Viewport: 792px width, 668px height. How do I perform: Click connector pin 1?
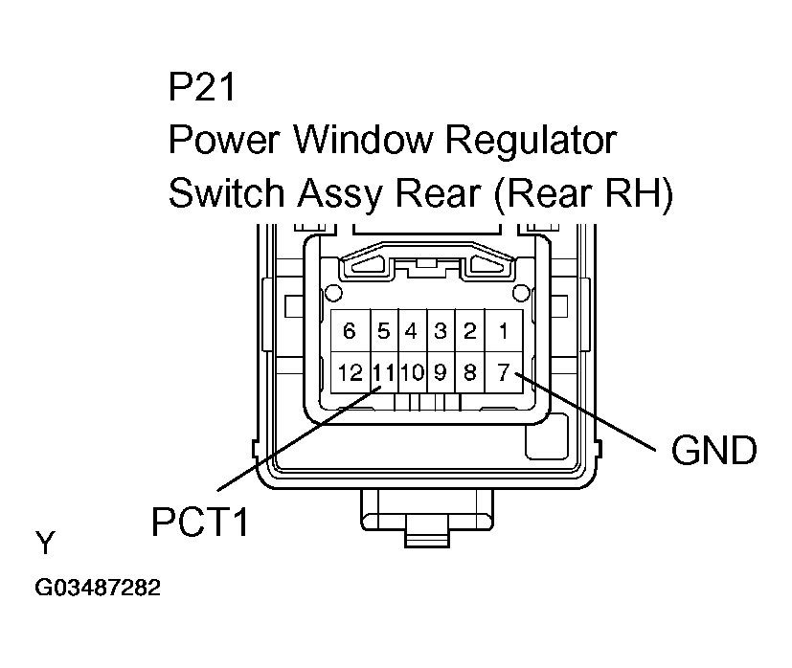pyautogui.click(x=503, y=331)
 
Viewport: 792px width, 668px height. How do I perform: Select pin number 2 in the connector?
pyautogui.click(x=469, y=331)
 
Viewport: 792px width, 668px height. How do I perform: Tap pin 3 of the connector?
pyautogui.click(x=441, y=331)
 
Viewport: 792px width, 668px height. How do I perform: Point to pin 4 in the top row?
pyautogui.click(x=411, y=331)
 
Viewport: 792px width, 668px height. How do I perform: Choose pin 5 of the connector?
pyautogui.click(x=383, y=331)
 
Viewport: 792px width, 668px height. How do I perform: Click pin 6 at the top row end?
pyautogui.click(x=350, y=331)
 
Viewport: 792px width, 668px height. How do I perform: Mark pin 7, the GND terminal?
pyautogui.click(x=503, y=372)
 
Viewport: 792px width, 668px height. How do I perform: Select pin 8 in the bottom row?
pyautogui.click(x=469, y=372)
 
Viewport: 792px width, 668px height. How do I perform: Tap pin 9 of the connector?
pyautogui.click(x=441, y=372)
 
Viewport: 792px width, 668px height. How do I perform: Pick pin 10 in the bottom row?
pyautogui.click(x=411, y=372)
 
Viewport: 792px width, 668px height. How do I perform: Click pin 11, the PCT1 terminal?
pyautogui.click(x=383, y=372)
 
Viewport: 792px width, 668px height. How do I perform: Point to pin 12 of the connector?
pyautogui.click(x=350, y=372)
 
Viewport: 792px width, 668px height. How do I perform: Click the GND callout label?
pyautogui.click(x=713, y=450)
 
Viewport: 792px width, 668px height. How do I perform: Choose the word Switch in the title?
pyautogui.click(x=226, y=193)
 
